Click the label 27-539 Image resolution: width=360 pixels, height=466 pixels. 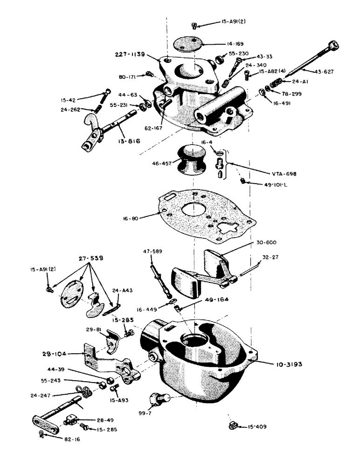(x=91, y=258)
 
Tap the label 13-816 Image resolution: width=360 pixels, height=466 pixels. (x=115, y=141)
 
